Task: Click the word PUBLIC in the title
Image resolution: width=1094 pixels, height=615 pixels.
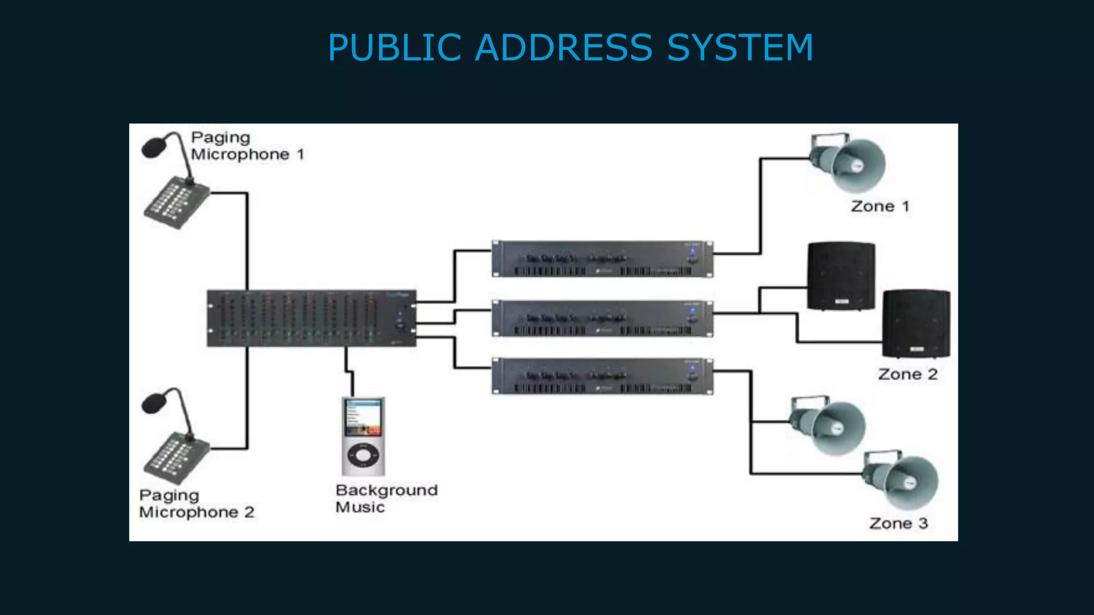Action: [394, 48]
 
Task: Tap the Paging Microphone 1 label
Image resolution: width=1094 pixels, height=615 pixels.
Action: [247, 146]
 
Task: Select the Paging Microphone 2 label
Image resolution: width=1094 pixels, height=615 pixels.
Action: [196, 504]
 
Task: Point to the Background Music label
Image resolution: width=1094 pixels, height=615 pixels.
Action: [386, 499]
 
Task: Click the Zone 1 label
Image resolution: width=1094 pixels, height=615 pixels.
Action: [880, 207]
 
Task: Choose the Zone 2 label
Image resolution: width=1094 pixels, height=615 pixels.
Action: [908, 374]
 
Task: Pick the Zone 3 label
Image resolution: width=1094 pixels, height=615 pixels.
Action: [898, 523]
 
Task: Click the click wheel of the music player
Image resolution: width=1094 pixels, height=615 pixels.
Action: [363, 455]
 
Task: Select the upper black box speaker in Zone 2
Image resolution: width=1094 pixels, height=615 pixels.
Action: [841, 276]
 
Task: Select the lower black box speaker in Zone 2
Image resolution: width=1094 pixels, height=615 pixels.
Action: [916, 324]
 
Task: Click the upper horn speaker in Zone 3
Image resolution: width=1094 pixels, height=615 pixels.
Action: [829, 426]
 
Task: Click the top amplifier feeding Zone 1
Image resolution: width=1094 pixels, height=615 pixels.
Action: [602, 259]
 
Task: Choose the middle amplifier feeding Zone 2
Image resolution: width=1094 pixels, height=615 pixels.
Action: [602, 318]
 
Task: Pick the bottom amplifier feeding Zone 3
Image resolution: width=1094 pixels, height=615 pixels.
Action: [602, 376]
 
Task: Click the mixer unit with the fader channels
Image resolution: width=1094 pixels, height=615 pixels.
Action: [311, 319]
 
